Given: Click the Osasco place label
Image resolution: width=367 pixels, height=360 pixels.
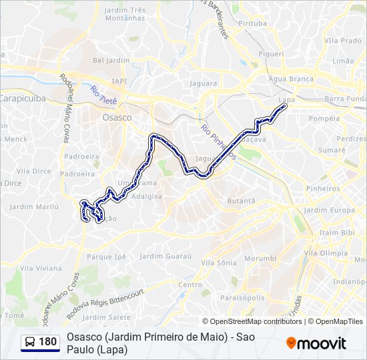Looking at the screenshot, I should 117,117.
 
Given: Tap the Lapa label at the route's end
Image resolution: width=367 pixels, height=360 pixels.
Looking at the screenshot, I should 286,99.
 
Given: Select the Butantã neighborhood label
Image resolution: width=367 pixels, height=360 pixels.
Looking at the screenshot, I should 241,201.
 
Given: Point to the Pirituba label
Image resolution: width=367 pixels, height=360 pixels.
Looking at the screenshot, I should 252,23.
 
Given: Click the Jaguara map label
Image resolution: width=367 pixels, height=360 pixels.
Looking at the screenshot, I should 204,83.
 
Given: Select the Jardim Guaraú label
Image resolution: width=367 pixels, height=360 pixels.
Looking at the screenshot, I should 165,256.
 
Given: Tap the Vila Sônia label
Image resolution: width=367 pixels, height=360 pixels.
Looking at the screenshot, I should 218,263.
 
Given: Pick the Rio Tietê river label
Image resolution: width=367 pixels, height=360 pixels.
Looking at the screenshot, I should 103,95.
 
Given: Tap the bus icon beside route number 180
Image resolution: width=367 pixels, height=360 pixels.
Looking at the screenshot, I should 30,342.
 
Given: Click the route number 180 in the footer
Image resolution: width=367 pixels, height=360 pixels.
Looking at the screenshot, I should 47,342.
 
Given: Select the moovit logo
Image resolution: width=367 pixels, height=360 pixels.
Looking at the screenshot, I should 316,343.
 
